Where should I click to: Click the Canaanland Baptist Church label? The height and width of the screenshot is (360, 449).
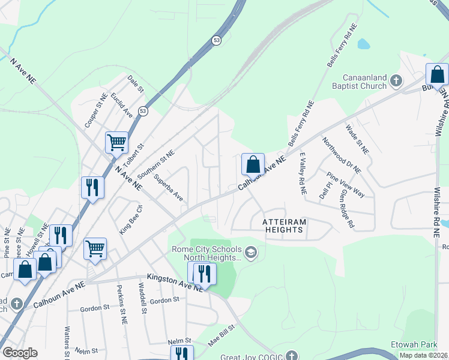coord(364,82)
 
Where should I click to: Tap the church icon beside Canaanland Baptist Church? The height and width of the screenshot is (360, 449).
coord(396,80)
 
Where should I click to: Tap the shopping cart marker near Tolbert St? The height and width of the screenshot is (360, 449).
coord(116,143)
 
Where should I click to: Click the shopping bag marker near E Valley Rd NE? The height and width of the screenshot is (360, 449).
coord(253,164)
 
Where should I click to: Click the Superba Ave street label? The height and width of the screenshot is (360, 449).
coord(168,187)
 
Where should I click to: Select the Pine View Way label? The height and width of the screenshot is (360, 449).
coord(346,184)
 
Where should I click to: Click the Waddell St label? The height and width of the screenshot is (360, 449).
coord(143,298)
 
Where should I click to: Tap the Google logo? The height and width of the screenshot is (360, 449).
coord(20,353)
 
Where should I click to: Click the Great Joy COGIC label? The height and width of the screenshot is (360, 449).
coord(255,355)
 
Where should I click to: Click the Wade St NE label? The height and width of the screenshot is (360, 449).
coord(357,138)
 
